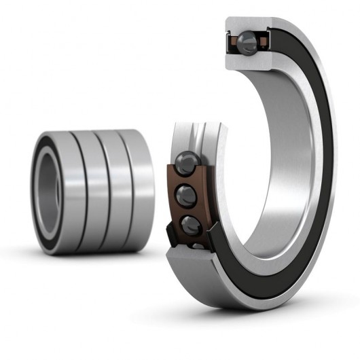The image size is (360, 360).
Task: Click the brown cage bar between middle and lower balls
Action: [x=185, y=211]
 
